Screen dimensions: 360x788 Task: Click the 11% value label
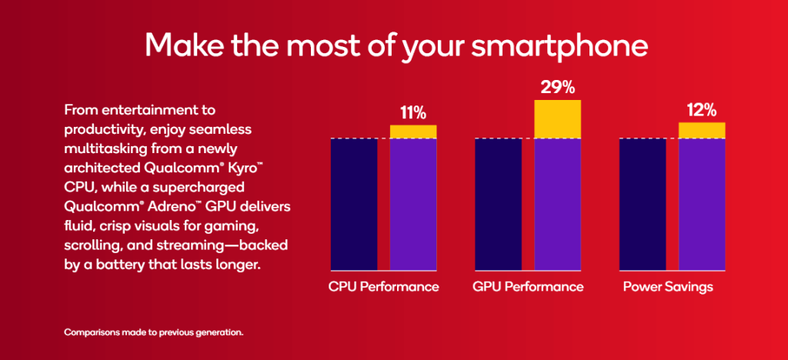(412, 112)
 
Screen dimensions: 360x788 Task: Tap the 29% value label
(557, 87)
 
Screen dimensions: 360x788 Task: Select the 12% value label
(702, 110)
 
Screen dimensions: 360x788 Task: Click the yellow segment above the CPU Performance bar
(413, 132)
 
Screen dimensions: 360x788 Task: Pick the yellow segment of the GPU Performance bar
(557, 119)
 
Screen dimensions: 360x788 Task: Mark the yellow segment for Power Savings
(702, 131)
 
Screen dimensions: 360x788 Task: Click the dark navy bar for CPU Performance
(354, 204)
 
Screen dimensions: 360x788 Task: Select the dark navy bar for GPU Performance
(498, 204)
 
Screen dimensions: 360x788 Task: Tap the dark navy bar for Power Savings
(643, 204)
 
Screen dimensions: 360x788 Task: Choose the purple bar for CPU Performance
(413, 204)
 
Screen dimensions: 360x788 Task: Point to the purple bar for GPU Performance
(557, 204)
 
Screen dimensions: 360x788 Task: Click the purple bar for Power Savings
(702, 204)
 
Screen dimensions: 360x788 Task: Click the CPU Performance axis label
(383, 287)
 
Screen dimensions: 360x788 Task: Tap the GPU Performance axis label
(528, 287)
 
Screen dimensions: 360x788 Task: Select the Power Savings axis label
(668, 287)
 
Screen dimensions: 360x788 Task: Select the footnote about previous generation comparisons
(154, 333)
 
